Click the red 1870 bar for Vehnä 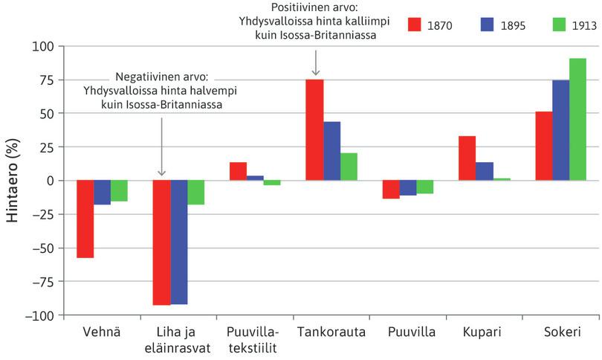pos(85,219)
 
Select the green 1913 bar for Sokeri pos(577,119)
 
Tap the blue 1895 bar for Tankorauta pos(331,151)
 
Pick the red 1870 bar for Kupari pos(467,158)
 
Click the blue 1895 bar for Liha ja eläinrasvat pos(179,242)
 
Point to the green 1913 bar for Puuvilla pos(424,187)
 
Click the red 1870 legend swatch pos(416,25)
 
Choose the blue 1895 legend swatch pos(489,25)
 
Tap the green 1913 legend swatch pos(561,25)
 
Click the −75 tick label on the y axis pos(41,281)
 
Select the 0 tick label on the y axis pos(50,181)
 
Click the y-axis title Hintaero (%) pos(13,181)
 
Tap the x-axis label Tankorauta pos(331,332)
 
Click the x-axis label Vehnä pos(101,332)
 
